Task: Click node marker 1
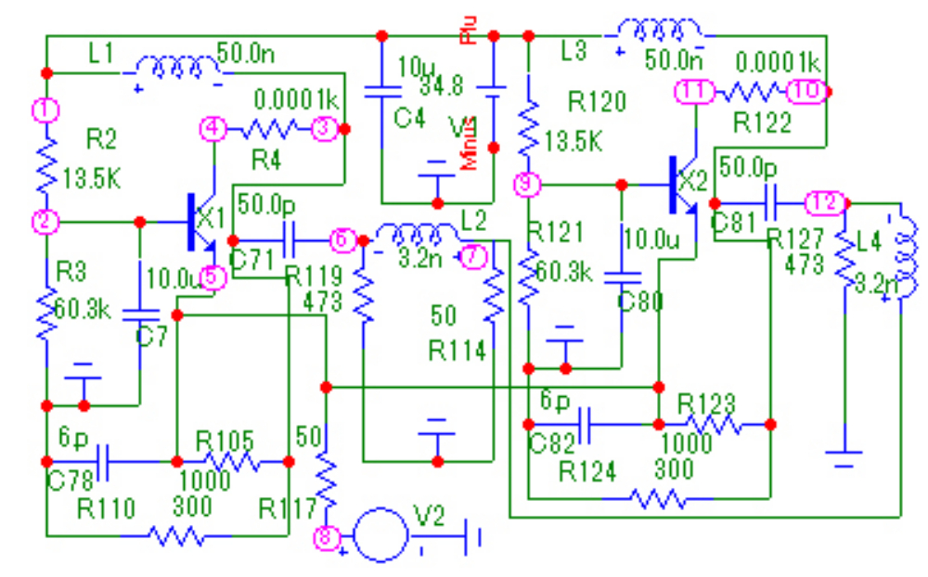tap(45, 109)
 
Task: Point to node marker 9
tap(526, 185)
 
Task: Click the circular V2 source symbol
tap(381, 535)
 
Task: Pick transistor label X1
tap(212, 220)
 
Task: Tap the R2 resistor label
tap(101, 140)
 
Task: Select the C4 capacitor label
tap(408, 118)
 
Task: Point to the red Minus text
tap(470, 143)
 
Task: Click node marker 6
tap(342, 240)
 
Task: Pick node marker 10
tap(806, 91)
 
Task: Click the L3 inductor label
tap(575, 52)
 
